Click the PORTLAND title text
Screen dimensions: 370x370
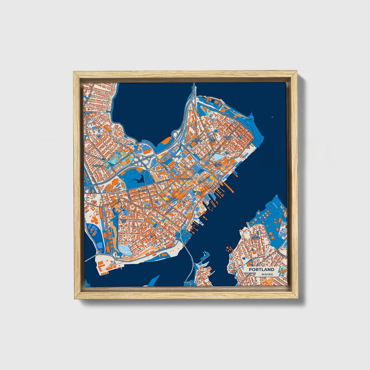click(261, 270)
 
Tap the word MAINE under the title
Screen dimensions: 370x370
click(267, 274)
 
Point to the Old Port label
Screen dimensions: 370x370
click(199, 193)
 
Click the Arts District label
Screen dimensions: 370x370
click(173, 198)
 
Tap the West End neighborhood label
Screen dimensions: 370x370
click(123, 221)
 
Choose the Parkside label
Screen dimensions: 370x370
click(143, 191)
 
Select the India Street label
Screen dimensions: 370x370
click(218, 164)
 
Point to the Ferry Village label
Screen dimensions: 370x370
click(255, 237)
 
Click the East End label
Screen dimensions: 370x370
click(213, 140)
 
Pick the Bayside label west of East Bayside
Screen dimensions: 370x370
click(176, 156)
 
